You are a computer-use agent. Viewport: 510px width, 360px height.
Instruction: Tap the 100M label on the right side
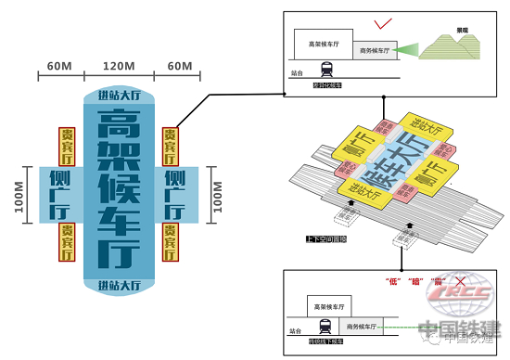click(x=219, y=197)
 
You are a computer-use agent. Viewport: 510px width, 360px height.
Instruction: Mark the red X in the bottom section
click(x=457, y=280)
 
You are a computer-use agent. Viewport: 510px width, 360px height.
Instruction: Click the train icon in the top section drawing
click(x=326, y=68)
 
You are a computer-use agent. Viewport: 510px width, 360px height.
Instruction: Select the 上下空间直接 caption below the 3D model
click(x=325, y=239)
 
